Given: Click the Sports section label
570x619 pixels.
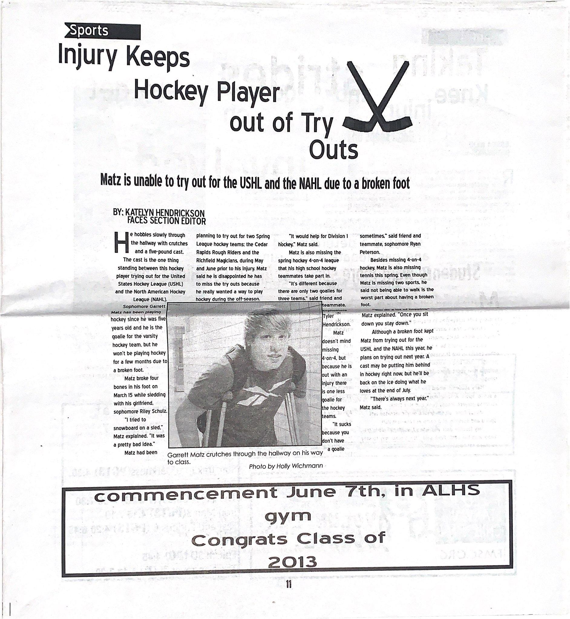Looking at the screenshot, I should coord(90,31).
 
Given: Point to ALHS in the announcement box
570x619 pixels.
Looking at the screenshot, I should coord(450,490).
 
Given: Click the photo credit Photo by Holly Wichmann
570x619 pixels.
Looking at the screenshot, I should coord(286,466).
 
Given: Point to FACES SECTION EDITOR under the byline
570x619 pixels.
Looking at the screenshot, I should coord(166,221).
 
